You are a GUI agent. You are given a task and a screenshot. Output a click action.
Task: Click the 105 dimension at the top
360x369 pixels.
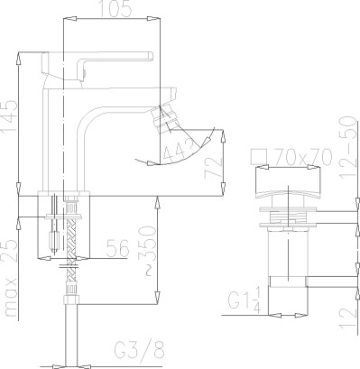pos(115,8)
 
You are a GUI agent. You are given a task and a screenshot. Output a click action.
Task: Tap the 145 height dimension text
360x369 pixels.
pos(9,118)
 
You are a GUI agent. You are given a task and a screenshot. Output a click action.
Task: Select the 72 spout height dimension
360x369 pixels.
pos(214,168)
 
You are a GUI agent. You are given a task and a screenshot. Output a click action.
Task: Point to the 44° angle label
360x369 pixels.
pos(180,150)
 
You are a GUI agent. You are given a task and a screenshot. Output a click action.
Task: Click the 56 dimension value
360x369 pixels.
pos(118,248)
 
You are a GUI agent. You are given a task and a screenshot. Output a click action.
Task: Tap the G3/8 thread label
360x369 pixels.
pos(140,350)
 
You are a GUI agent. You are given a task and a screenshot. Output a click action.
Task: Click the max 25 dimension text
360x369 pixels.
pos(11,278)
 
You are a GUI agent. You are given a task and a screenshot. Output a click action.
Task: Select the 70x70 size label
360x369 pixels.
pos(304,157)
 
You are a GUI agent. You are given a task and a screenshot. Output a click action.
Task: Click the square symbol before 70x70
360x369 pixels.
pos(259,157)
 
